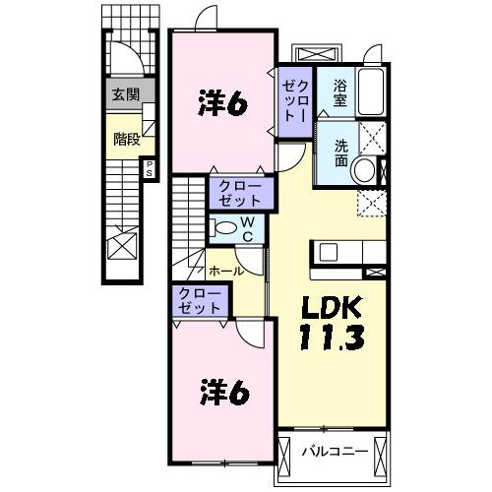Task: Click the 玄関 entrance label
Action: (x=124, y=95)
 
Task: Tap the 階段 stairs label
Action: (x=126, y=139)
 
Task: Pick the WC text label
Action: (x=248, y=229)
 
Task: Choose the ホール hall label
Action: (x=226, y=270)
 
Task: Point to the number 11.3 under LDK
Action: (x=333, y=338)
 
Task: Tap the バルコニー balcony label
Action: (x=335, y=453)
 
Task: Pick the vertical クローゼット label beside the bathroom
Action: (x=296, y=98)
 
